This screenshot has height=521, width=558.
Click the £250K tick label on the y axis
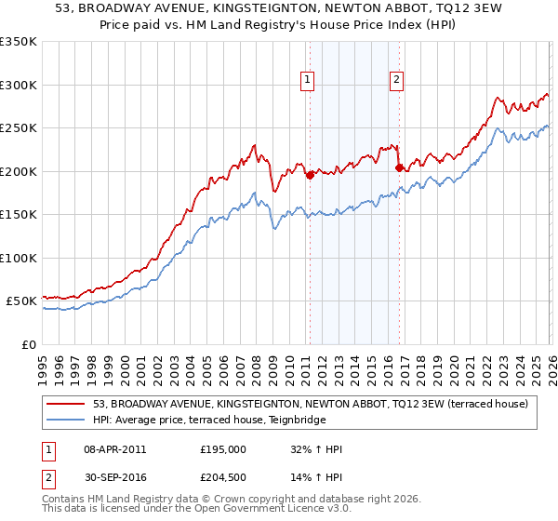(x=19, y=127)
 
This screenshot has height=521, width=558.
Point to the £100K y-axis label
(x=19, y=258)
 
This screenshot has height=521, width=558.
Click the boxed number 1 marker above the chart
(x=308, y=81)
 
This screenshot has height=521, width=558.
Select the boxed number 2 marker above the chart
(x=397, y=81)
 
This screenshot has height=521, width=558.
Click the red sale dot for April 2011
(x=310, y=175)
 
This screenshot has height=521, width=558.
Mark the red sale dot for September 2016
(x=399, y=167)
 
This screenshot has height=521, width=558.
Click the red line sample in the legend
(x=65, y=404)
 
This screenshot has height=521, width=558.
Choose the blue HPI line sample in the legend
(x=65, y=419)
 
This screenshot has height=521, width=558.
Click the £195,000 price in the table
(x=223, y=449)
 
